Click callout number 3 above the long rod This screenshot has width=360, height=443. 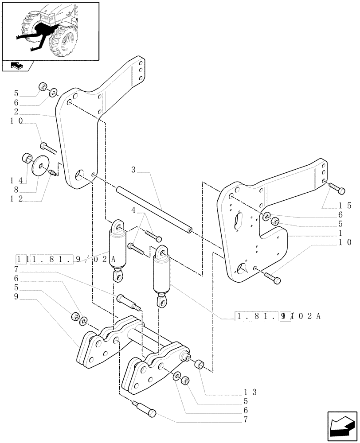pyautogui.click(x=133, y=170)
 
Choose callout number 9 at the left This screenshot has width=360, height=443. pyautogui.click(x=16, y=297)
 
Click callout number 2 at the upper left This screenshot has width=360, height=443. pyautogui.click(x=16, y=112)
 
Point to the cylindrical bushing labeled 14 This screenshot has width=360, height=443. pyautogui.click(x=27, y=158)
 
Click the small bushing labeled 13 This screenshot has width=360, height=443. pyautogui.click(x=200, y=365)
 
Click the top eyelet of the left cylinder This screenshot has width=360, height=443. pyautogui.click(x=118, y=226)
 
